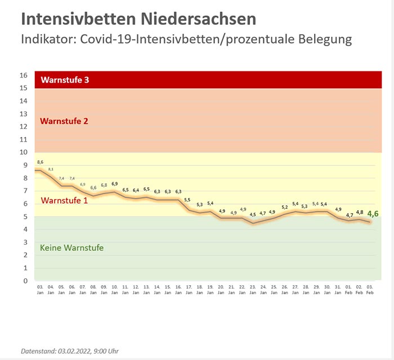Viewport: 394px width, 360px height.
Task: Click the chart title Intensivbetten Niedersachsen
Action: click(138, 19)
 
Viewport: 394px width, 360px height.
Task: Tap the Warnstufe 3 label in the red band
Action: click(65, 80)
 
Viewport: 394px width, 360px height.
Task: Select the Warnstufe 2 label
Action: click(65, 121)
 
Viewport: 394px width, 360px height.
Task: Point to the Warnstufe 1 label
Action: click(65, 200)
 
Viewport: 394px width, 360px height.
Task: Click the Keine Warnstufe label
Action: click(72, 247)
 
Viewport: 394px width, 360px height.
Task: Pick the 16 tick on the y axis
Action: click(24, 75)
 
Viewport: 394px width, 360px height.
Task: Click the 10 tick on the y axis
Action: click(24, 152)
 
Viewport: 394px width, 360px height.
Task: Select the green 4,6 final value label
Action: click(373, 214)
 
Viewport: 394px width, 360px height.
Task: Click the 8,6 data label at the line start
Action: click(40, 162)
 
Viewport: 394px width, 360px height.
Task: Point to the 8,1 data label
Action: click(51, 169)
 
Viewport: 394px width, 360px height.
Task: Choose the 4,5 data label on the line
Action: click(253, 214)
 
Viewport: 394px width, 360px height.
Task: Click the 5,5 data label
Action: click(187, 200)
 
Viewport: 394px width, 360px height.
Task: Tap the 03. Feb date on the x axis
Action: click(370, 289)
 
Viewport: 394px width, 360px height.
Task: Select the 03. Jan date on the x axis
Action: click(40, 289)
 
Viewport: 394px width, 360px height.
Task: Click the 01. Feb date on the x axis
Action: click(349, 289)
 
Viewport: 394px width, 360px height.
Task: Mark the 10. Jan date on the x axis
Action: click(114, 289)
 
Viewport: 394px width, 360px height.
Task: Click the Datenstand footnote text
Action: click(70, 351)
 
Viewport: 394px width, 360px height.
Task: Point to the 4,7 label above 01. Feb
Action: click(350, 215)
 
